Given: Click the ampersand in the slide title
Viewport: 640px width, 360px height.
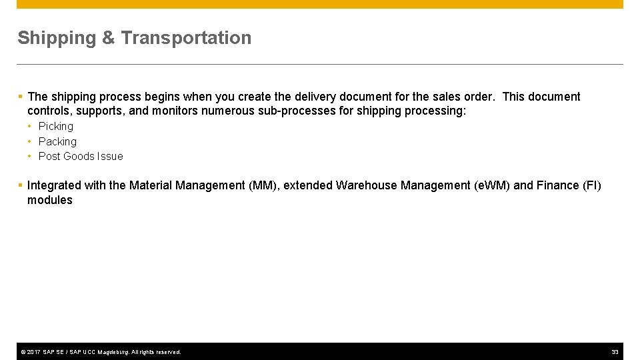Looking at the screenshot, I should click(x=109, y=38).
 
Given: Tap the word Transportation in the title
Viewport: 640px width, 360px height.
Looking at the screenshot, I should click(x=186, y=38).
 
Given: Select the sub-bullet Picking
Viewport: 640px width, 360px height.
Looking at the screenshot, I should click(x=56, y=126).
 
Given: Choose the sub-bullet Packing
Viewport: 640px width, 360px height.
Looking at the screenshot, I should click(x=57, y=141).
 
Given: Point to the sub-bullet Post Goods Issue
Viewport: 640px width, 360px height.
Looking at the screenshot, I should click(x=81, y=156).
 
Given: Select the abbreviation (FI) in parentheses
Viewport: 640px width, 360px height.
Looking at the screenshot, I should click(x=591, y=185).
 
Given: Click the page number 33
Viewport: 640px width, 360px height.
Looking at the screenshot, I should click(x=615, y=352).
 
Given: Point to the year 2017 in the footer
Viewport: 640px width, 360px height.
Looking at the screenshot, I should click(x=33, y=352).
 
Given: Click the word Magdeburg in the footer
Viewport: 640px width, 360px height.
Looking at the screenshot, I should click(x=113, y=352).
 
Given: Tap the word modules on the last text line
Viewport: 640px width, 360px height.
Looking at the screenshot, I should click(x=50, y=200).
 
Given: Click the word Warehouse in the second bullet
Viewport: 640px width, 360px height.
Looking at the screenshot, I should click(x=367, y=185).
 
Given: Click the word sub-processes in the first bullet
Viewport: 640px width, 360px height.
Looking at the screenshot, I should click(x=299, y=111).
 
